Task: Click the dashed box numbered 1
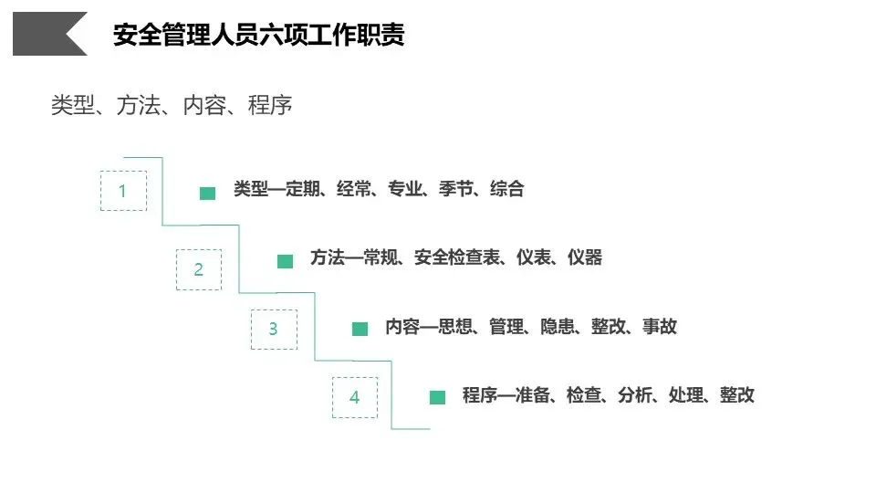coord(123,192)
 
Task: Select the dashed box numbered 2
coord(199,269)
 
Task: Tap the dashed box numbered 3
coord(274,330)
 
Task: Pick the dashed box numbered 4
coord(354,397)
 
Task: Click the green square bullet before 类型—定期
coord(208,193)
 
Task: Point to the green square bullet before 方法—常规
coord(286,261)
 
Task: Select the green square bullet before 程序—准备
coord(438,397)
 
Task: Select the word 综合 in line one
coord(507,190)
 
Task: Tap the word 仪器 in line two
coord(585,257)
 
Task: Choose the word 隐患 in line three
coord(558,327)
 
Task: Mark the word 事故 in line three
coord(660,327)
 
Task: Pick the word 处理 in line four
coord(686,395)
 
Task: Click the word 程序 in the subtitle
coord(270,106)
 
